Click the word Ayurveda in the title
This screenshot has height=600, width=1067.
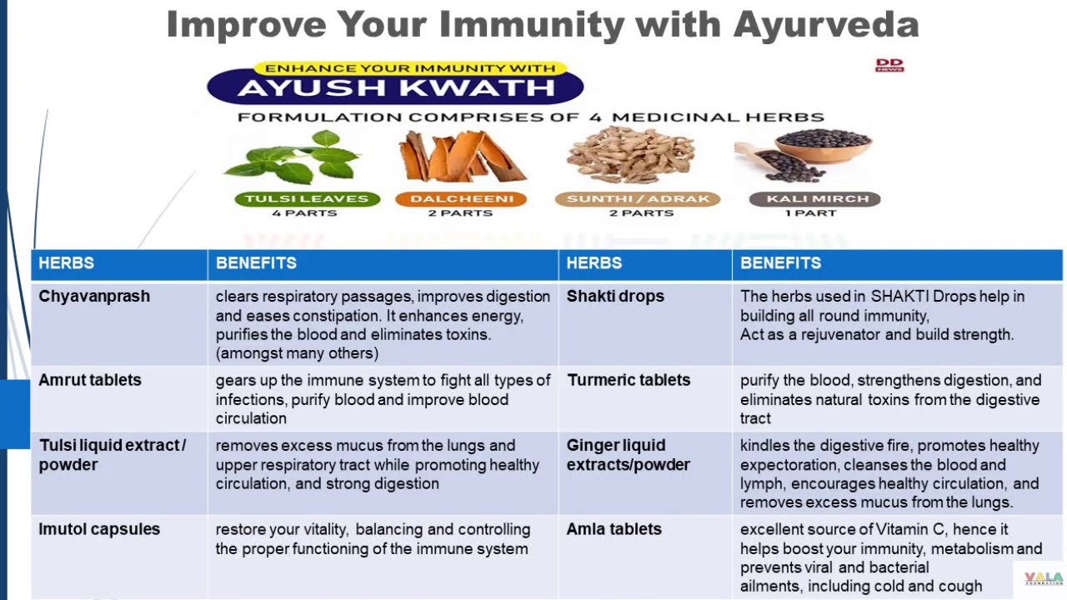coord(826,25)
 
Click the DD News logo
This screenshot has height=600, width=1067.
coord(889,65)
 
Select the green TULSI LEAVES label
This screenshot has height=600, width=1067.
coord(308,199)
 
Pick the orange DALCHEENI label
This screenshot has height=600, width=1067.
coord(461,199)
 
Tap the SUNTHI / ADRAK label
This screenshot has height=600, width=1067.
coord(638,199)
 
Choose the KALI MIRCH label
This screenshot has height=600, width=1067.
coord(815,199)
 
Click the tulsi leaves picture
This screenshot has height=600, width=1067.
coord(292,158)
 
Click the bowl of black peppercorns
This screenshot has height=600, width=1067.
coord(824,144)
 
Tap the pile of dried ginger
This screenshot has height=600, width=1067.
coord(631,155)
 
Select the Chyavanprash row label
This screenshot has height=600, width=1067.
coord(94,296)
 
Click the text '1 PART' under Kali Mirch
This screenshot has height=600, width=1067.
coord(811,213)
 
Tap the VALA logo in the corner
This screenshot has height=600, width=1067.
coord(1044,578)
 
